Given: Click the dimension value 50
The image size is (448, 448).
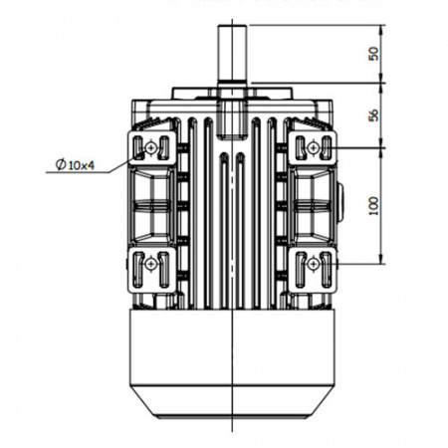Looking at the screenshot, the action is (373, 54).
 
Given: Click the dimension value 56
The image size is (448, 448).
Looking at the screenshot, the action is (373, 115).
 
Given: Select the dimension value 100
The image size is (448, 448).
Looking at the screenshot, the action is (373, 206).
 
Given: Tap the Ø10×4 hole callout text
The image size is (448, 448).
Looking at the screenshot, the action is (75, 164).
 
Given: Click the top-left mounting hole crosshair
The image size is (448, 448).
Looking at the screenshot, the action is (151, 147).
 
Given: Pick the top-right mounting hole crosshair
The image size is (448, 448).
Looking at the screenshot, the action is (313, 147).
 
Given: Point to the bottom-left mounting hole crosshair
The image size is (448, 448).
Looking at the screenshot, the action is (151, 264).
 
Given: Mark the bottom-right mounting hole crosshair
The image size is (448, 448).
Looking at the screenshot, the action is (313, 264).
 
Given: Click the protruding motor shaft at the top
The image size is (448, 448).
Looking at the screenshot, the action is (232, 53).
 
